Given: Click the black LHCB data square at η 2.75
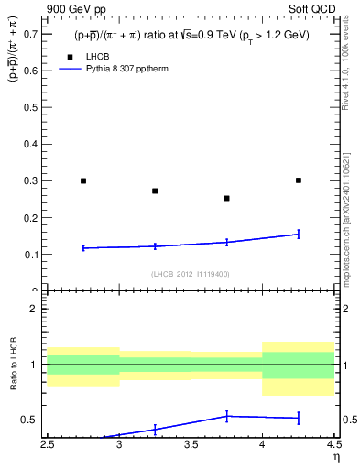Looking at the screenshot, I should [83, 180].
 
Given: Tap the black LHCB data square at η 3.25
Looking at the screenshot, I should [155, 191].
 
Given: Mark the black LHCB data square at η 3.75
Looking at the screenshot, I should [226, 198].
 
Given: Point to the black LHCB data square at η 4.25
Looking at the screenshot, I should [299, 180].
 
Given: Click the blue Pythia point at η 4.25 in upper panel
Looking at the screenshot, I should [299, 234].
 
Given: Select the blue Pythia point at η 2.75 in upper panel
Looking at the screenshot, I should [83, 247].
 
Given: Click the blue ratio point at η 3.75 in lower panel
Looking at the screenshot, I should [226, 416].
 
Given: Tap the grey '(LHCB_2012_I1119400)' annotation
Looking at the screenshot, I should [191, 274].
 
